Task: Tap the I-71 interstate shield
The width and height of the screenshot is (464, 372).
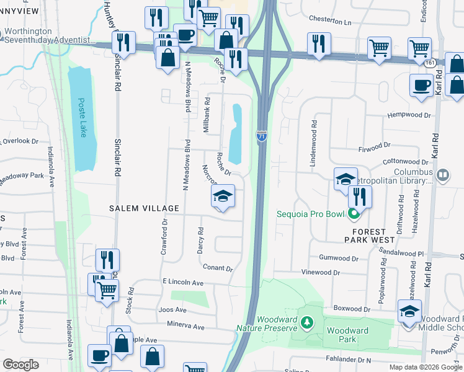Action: pos(262,135)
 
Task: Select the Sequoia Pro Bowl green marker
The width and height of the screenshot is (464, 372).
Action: pos(354,215)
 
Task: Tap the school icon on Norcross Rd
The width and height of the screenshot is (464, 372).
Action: pos(223,197)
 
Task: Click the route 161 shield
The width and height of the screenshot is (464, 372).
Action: pos(429,63)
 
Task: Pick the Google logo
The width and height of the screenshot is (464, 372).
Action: pos(20,365)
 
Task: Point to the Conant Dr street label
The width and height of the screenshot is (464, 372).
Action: pos(217,268)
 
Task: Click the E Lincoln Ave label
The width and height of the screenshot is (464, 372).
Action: pos(185,283)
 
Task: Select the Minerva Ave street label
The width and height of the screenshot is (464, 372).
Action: pos(185,326)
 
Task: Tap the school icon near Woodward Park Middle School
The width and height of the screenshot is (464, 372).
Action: pos(409,312)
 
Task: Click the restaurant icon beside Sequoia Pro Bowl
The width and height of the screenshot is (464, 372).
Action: pos(359,197)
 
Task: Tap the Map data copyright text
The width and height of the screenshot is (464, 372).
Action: pos(424,367)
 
